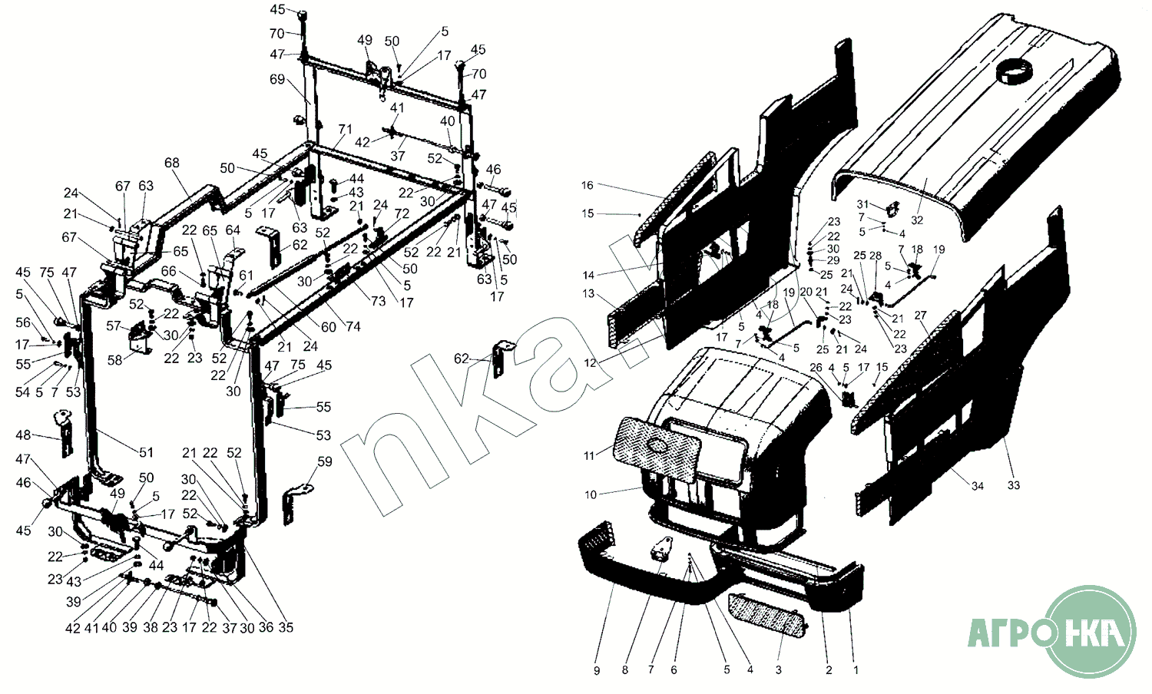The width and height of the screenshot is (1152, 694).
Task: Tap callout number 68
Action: pyautogui.click(x=171, y=163)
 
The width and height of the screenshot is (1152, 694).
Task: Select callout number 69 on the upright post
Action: pyautogui.click(x=277, y=79)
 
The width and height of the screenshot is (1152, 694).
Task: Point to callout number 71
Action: pyautogui.click(x=345, y=129)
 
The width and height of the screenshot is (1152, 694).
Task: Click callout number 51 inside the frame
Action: pyautogui.click(x=146, y=453)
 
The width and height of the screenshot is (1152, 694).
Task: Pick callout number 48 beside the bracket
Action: pyautogui.click(x=23, y=435)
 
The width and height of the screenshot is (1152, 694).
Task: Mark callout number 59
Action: pyautogui.click(x=325, y=461)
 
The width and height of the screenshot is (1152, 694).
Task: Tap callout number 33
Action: pyautogui.click(x=1014, y=485)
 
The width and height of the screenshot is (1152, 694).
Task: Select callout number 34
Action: pyautogui.click(x=977, y=486)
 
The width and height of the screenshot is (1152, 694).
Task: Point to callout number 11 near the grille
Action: pyautogui.click(x=589, y=456)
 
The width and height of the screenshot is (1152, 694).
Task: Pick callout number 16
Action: pyautogui.click(x=588, y=185)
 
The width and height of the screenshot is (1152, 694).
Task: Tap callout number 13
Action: pyautogui.click(x=588, y=293)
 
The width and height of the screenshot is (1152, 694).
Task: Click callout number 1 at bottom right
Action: pyautogui.click(x=856, y=670)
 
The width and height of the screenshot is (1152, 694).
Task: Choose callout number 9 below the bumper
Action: pyautogui.click(x=597, y=670)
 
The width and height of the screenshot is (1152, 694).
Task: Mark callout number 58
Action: pyautogui.click(x=114, y=360)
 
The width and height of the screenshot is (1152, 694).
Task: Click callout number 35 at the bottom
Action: pyautogui.click(x=286, y=627)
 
